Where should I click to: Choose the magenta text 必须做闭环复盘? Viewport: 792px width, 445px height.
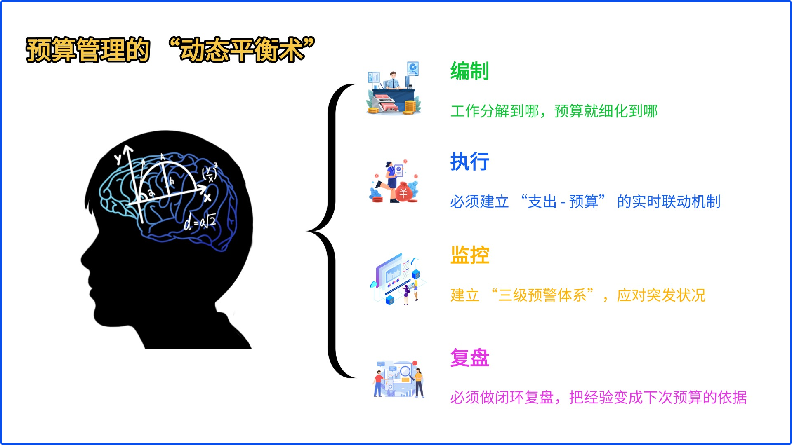(x=502, y=397)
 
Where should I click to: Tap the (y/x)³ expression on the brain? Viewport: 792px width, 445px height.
(x=210, y=173)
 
